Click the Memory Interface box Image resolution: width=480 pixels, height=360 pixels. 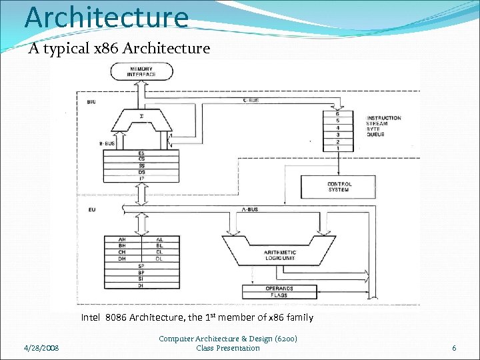142,71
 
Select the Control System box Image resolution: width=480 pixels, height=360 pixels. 339,187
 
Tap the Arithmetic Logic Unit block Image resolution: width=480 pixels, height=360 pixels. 279,254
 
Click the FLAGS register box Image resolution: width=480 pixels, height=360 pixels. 279,295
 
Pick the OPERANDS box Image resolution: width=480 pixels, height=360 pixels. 279,288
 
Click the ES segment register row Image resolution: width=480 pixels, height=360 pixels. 141,153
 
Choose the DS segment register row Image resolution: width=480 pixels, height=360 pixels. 141,172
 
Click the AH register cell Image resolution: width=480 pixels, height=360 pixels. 122,239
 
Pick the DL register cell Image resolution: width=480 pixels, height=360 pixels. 159,259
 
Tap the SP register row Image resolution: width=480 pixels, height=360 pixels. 141,266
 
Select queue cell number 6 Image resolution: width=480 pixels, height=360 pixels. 338,113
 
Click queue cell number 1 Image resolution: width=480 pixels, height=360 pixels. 338,148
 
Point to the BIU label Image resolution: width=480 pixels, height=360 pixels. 91,101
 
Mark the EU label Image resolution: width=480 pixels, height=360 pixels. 91,210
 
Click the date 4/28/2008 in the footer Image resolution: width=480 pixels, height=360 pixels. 41,348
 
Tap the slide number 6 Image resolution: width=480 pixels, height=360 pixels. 454,348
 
